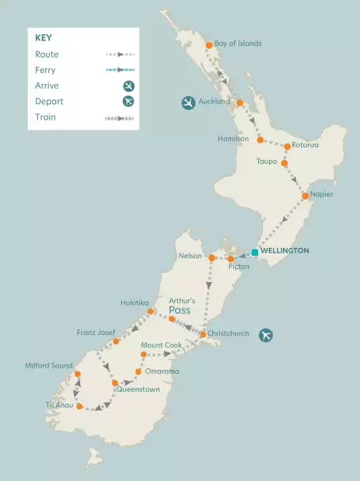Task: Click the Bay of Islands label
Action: [x=238, y=44]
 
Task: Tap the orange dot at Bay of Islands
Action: [x=209, y=45]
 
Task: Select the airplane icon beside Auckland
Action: [x=188, y=103]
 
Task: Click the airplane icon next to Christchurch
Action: [x=267, y=335]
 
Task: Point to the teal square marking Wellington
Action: [x=254, y=252]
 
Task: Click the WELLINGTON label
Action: [x=285, y=251]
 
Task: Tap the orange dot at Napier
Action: [x=306, y=197]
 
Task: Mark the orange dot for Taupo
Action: [x=285, y=163]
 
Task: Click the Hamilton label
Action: [x=233, y=138]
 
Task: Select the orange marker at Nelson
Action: [x=211, y=256]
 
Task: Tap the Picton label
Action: [x=239, y=267]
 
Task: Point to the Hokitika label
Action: [x=135, y=302]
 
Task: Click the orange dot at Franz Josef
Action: [x=117, y=341]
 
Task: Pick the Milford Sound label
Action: [x=48, y=365]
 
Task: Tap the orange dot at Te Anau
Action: [x=79, y=406]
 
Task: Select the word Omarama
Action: [x=162, y=371]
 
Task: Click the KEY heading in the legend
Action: [x=44, y=37]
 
